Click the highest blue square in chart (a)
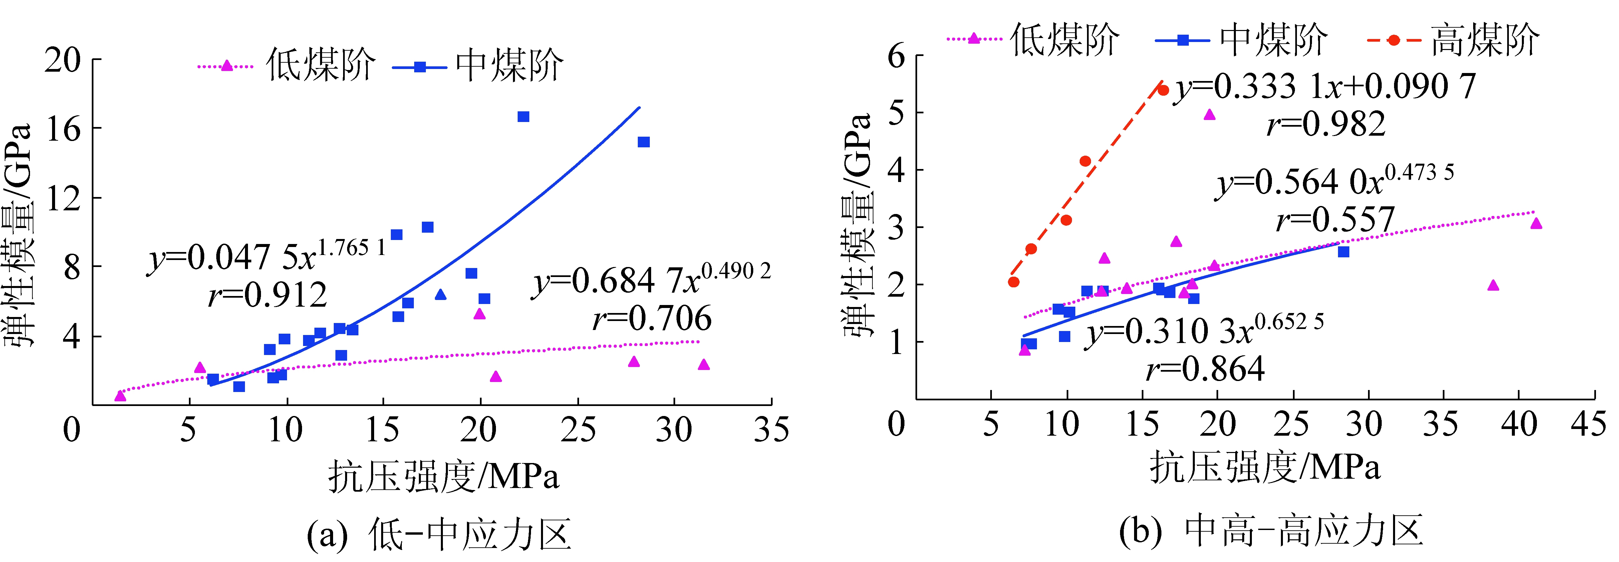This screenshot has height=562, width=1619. point(523,117)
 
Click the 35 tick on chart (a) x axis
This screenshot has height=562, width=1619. point(771,430)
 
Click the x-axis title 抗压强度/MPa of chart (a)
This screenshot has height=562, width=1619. point(443,477)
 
